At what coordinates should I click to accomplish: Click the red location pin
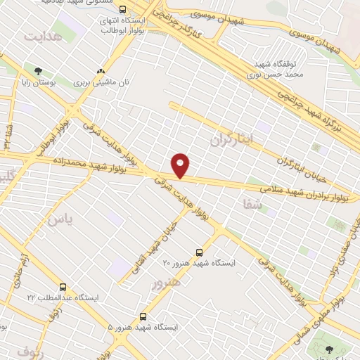click(x=181, y=165)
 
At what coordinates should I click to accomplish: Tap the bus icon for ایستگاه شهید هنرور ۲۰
click(x=200, y=252)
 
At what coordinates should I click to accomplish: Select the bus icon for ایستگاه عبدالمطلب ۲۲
click(x=63, y=287)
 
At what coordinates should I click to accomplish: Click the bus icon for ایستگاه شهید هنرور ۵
click(x=143, y=317)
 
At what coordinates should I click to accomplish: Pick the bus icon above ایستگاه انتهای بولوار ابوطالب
click(x=124, y=10)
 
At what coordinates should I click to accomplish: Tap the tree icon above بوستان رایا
click(x=37, y=70)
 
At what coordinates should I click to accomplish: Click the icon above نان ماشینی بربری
click(x=102, y=71)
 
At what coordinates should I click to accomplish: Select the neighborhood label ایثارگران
click(x=230, y=139)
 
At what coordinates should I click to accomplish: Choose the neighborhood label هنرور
click(x=166, y=283)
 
